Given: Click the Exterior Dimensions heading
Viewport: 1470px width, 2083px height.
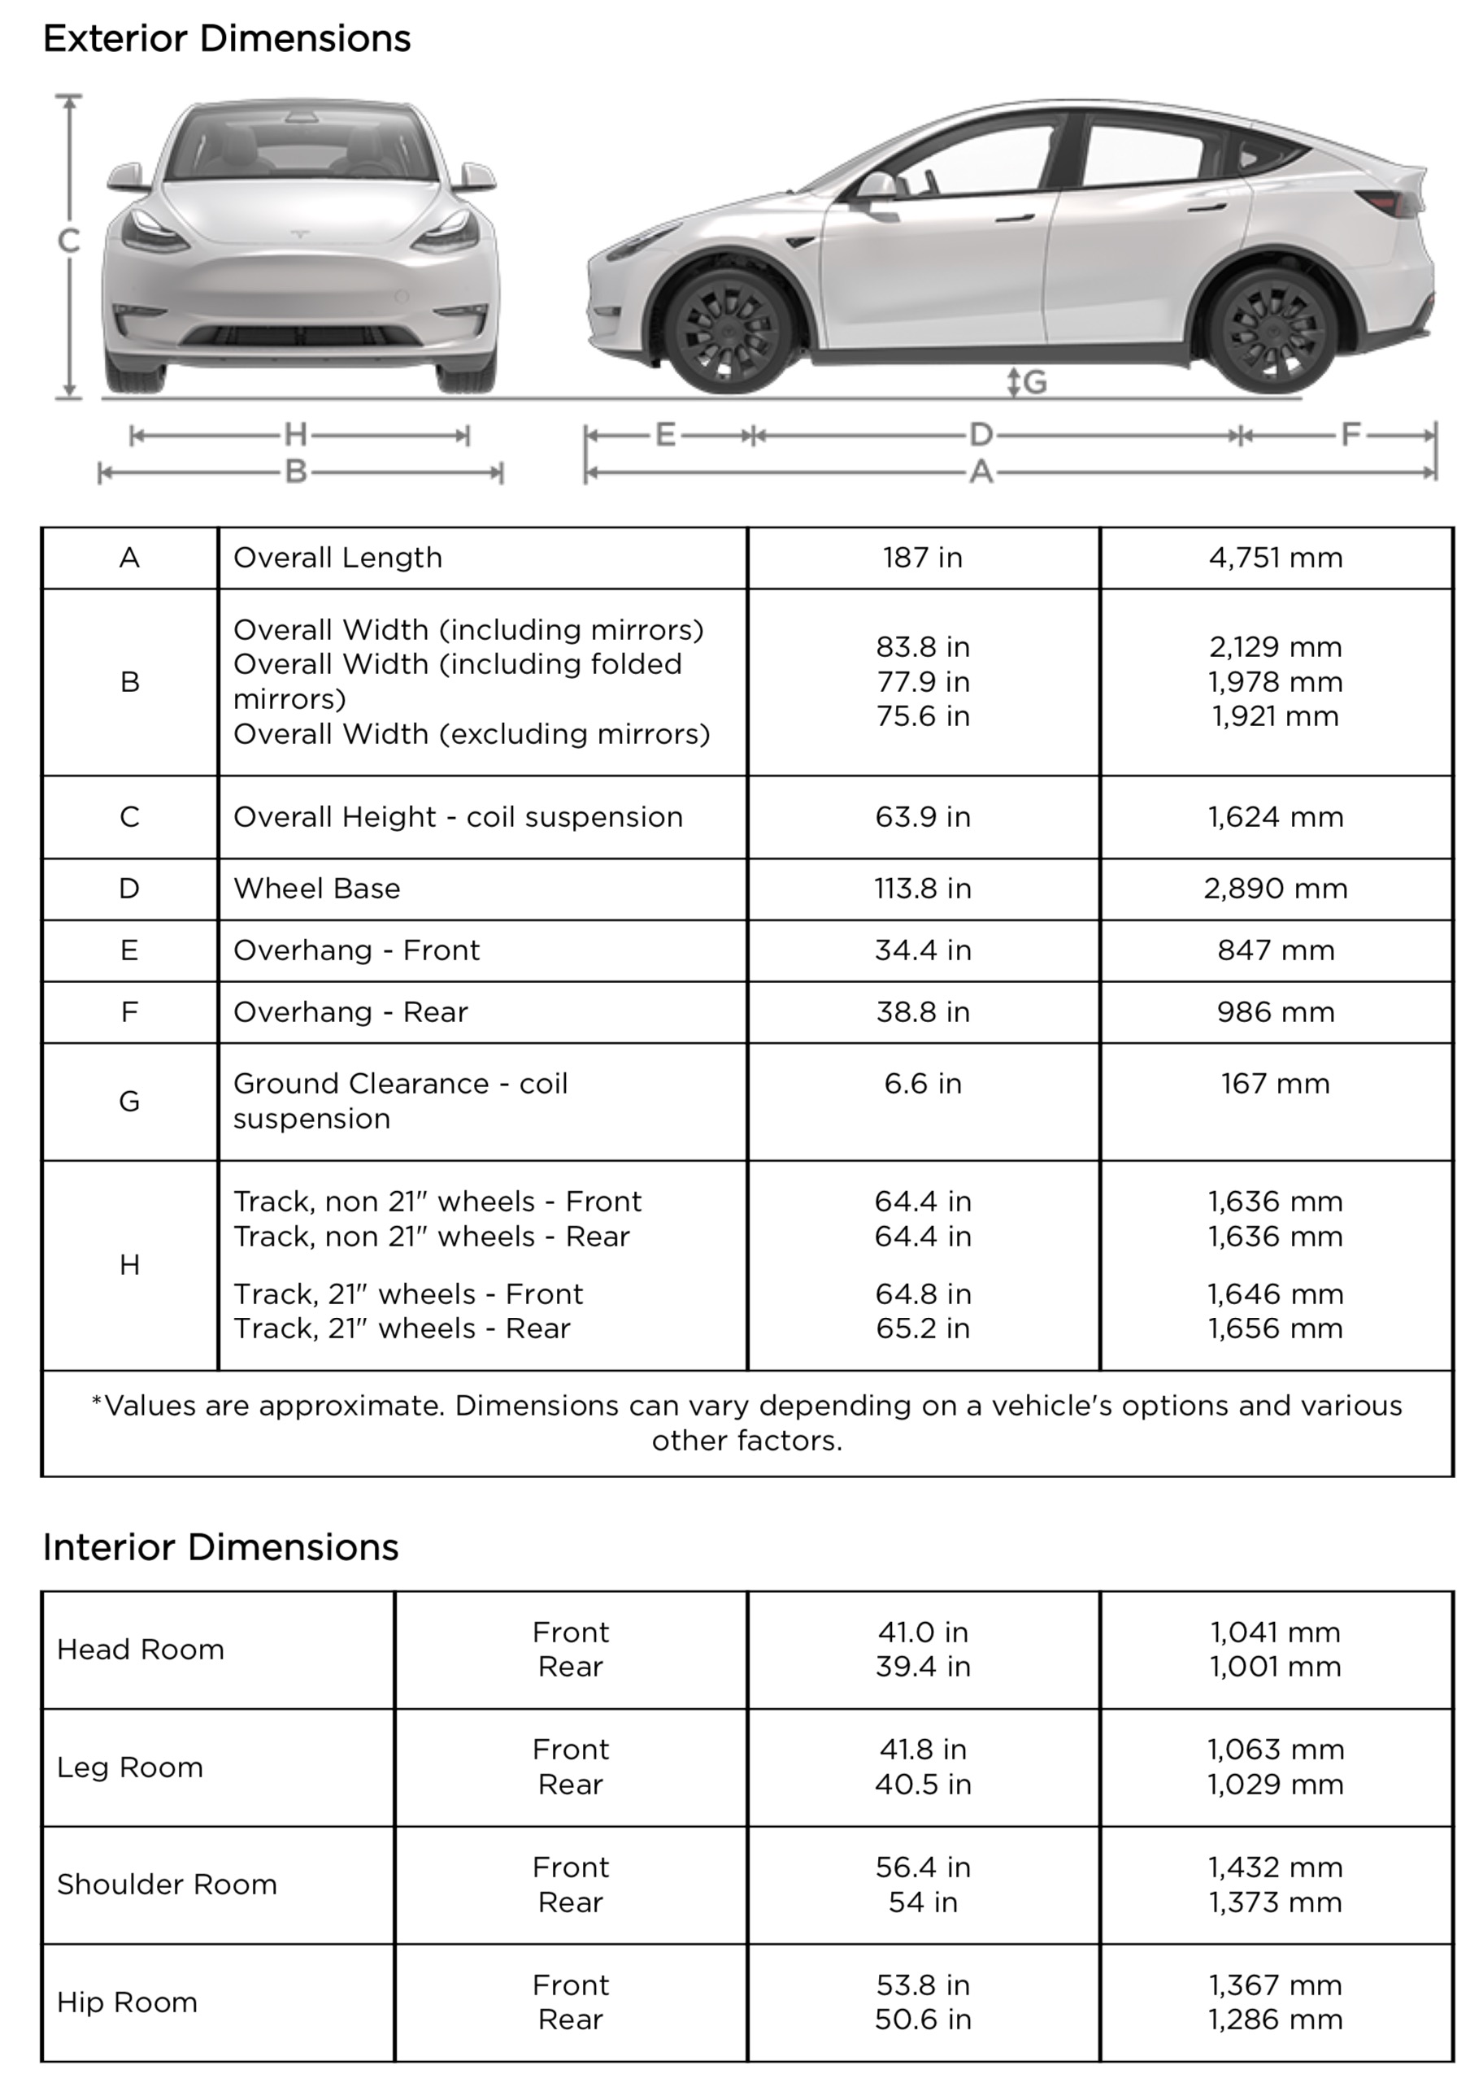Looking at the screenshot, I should pyautogui.click(x=227, y=39).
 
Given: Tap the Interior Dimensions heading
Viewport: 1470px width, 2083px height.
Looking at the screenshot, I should pyautogui.click(x=220, y=1547).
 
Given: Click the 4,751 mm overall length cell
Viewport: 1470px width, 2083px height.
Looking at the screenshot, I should pyautogui.click(x=1275, y=557).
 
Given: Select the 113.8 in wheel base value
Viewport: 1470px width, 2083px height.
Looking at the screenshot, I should pyautogui.click(x=922, y=888).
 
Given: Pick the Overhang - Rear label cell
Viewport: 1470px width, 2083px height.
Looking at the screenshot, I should pyautogui.click(x=350, y=1011).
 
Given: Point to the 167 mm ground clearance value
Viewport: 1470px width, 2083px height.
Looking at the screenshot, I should pyautogui.click(x=1275, y=1083).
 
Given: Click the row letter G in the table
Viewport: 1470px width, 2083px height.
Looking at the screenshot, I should pyautogui.click(x=130, y=1102).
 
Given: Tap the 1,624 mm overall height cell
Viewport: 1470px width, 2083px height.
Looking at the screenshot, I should pyautogui.click(x=1275, y=816).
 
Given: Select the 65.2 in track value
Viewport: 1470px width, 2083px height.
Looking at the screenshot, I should pyautogui.click(x=922, y=1329).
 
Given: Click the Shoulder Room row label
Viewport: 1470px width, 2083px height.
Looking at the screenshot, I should pyautogui.click(x=167, y=1885).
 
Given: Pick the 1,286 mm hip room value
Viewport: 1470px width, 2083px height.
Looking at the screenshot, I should pyautogui.click(x=1275, y=2020).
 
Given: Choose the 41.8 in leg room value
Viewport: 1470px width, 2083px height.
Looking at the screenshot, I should pyautogui.click(x=922, y=1749).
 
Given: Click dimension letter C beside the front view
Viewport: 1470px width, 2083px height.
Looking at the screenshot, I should pyautogui.click(x=69, y=241).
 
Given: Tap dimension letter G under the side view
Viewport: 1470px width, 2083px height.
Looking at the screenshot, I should pyautogui.click(x=1034, y=382).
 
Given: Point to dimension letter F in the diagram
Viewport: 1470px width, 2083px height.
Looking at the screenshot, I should pyautogui.click(x=1350, y=436).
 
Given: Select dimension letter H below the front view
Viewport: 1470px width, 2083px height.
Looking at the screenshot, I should pyautogui.click(x=296, y=436).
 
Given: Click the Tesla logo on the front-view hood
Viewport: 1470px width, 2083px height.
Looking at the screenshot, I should pyautogui.click(x=299, y=233).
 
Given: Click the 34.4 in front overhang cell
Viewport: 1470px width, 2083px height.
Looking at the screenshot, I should pyautogui.click(x=922, y=950).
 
